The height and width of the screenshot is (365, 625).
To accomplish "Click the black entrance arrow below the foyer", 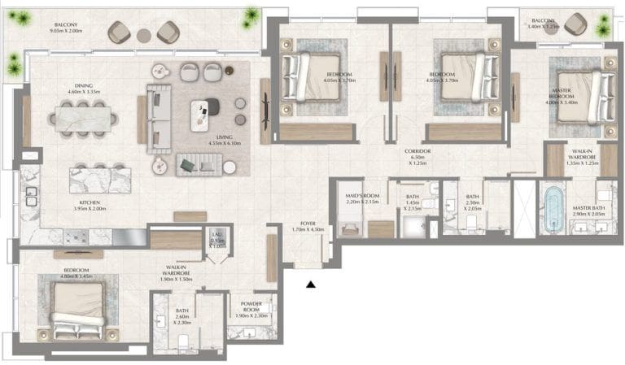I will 310,284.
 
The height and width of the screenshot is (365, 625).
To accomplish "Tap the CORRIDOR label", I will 422,151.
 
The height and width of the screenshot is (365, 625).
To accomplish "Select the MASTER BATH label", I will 586,208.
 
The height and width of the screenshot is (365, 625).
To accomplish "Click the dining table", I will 82,118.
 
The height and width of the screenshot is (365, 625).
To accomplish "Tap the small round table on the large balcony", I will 143,34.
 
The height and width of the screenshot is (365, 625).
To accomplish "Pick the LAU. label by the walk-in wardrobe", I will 216,235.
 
